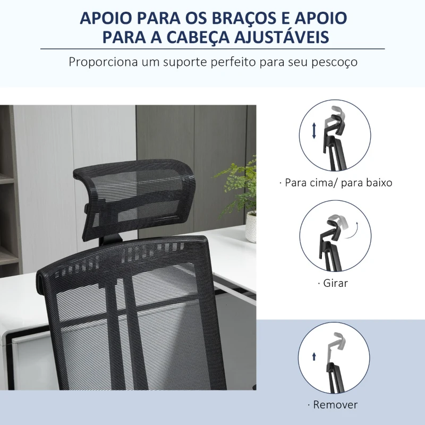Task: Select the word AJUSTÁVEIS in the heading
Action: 282,37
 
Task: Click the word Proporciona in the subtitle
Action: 103,62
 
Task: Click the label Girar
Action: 335,283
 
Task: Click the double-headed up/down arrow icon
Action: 314,131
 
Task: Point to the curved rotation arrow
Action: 352,232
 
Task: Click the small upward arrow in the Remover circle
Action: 314,356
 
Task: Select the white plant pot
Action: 251,227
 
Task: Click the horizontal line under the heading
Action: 212,49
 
